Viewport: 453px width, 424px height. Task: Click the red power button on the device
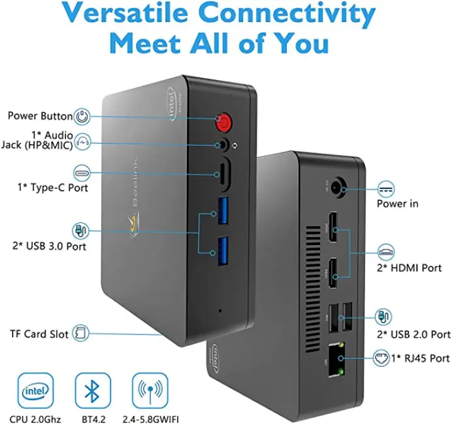(x=223, y=122)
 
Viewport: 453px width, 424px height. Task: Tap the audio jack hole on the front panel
(x=223, y=144)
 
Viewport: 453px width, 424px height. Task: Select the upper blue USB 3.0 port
(x=223, y=210)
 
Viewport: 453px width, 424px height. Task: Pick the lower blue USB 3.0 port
(x=223, y=251)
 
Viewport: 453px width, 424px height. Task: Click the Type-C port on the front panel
(x=223, y=174)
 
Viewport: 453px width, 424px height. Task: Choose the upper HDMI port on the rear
(x=332, y=227)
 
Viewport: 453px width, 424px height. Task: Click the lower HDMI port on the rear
(x=332, y=273)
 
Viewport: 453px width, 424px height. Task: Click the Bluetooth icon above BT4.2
(x=92, y=390)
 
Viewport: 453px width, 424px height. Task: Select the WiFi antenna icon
(x=150, y=390)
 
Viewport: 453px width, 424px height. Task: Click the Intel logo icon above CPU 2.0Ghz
(x=35, y=390)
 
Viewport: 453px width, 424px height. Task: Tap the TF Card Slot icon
(x=81, y=333)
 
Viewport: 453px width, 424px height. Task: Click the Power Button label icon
(x=82, y=117)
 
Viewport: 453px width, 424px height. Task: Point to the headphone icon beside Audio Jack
(x=82, y=142)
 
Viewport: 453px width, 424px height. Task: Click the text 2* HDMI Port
(x=409, y=268)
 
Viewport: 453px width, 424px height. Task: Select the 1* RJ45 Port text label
(x=421, y=358)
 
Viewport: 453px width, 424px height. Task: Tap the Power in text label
(x=398, y=203)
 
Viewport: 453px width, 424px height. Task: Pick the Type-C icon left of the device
(x=82, y=173)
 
